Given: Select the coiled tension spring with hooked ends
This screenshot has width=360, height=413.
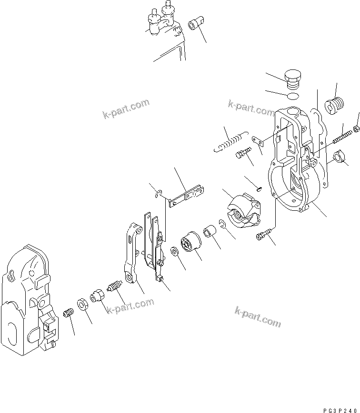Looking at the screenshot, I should [230, 141].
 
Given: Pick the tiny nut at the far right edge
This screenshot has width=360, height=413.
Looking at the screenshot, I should [356, 128].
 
